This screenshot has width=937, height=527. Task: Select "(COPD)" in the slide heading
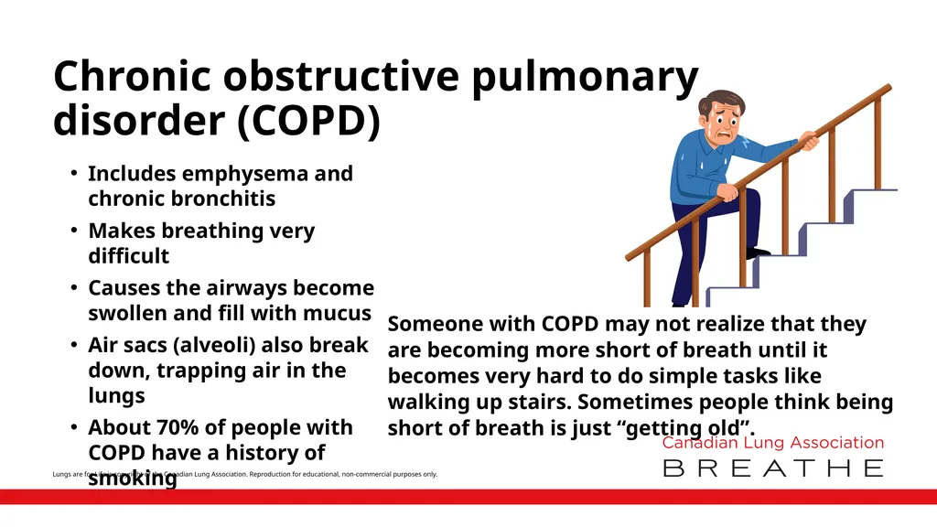tap(307, 122)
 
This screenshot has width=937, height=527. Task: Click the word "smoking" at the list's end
tap(133, 477)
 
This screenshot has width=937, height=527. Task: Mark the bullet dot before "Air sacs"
tap(72, 346)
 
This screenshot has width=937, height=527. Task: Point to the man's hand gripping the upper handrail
tap(809, 141)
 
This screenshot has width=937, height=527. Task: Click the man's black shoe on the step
tap(757, 253)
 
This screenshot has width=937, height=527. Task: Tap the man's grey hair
tap(717, 97)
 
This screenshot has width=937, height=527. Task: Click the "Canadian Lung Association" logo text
tap(772, 443)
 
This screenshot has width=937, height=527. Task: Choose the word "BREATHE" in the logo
tap(772, 468)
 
